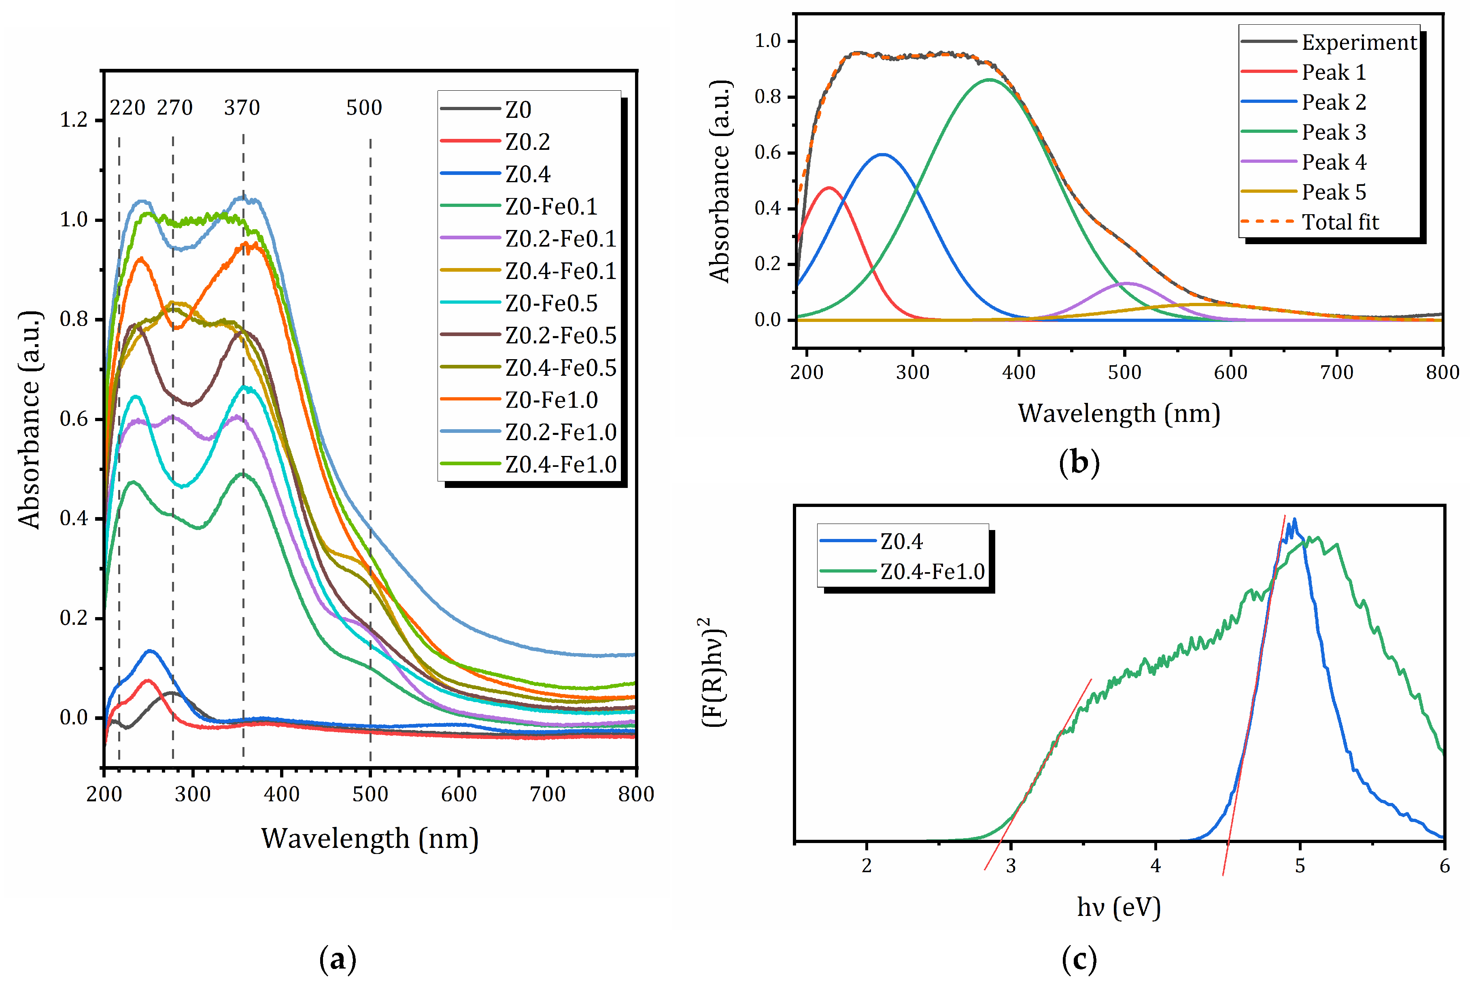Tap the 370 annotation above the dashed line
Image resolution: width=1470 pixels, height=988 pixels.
point(242,108)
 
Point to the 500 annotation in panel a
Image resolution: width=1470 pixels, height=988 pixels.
point(364,108)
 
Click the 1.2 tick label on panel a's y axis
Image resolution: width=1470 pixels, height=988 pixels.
point(74,120)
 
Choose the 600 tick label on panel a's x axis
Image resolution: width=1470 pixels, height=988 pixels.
point(459,794)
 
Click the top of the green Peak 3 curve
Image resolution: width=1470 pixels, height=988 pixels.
point(990,79)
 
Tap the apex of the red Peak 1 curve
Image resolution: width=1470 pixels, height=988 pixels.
point(829,188)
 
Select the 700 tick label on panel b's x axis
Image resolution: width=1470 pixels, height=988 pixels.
point(1336,373)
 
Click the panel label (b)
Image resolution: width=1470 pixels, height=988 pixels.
point(1079,462)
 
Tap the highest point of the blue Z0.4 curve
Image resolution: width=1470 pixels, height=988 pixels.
point(1294,519)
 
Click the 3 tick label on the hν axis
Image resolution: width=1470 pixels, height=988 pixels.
point(1011,866)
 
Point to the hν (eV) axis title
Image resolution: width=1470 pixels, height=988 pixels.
point(1119,907)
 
